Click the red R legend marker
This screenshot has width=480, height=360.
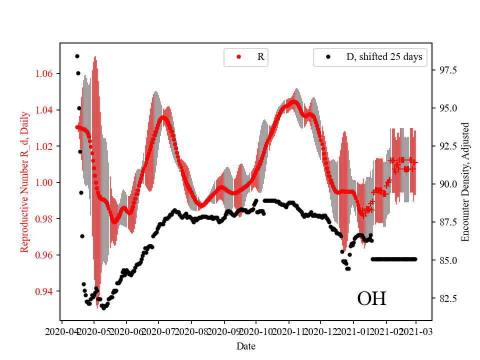pos(238,57)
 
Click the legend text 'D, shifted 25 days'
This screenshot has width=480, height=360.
pos(384,57)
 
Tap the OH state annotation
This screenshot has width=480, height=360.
pos(371,299)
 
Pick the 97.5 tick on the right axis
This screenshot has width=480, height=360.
pos(443,70)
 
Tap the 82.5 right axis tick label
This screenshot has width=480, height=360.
pos(443,299)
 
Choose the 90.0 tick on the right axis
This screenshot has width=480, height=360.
pos(443,184)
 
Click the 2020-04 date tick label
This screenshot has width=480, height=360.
pos(61,331)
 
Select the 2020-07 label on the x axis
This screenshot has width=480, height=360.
pos(158,331)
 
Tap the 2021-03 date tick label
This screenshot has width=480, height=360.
pos(416,331)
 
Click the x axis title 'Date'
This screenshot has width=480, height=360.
pos(246,345)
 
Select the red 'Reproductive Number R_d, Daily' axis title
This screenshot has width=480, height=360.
pos(24,182)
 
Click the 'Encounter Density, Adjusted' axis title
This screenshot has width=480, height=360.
pos(465,182)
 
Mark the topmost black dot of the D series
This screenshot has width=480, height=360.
pos(77,56)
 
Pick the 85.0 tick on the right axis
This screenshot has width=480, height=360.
pos(443,260)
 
